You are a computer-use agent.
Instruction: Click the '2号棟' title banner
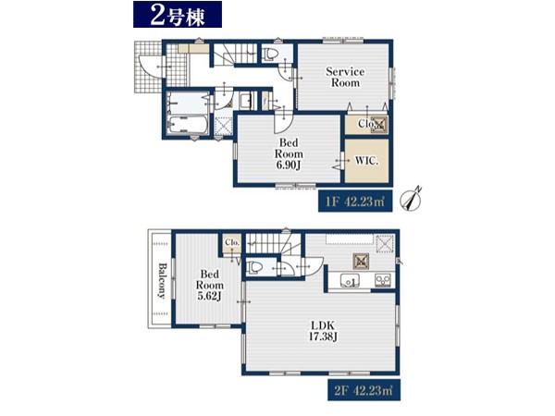178,14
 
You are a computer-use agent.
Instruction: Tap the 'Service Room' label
345,77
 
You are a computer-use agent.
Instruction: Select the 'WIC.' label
366,161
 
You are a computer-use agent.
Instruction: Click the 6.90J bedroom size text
289,165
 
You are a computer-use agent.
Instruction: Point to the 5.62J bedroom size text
210,296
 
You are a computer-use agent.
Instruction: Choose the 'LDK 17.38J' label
323,331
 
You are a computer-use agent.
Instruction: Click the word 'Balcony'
162,280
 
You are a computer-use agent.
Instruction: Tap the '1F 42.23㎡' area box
355,202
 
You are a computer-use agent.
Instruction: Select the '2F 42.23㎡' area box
364,390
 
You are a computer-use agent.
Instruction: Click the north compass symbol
411,199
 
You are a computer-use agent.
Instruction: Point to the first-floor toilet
270,55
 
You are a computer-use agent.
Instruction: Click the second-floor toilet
254,267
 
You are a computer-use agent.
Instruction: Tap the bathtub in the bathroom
185,125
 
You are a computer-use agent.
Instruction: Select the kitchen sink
350,281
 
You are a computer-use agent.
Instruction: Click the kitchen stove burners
383,280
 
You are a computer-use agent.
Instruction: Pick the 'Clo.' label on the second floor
232,242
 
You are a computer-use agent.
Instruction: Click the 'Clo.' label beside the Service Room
366,124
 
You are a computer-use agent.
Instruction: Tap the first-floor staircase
235,55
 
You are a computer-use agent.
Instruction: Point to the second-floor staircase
273,243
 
